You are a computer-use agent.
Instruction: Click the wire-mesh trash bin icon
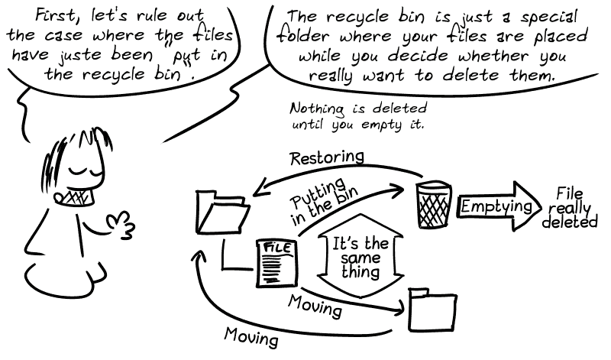(x=433, y=205)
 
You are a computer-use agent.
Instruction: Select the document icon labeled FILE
(x=274, y=262)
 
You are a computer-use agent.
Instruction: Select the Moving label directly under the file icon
(x=315, y=306)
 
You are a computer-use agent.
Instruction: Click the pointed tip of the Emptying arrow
(x=538, y=206)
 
